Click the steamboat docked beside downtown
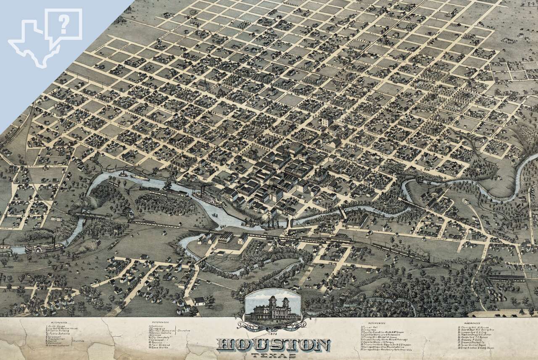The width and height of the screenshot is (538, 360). pos(208,198)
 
